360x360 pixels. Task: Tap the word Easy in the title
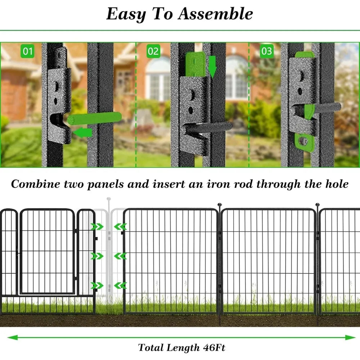pos(126,14)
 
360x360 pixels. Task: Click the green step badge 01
pos(27,51)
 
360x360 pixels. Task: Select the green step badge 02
pos(153,51)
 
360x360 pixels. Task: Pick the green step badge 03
pos(266,51)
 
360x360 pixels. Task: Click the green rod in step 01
pos(95,118)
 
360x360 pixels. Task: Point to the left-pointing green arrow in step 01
pos(82,133)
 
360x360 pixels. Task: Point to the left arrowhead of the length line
pos(13,337)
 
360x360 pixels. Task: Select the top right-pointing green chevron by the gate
pos(97,226)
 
